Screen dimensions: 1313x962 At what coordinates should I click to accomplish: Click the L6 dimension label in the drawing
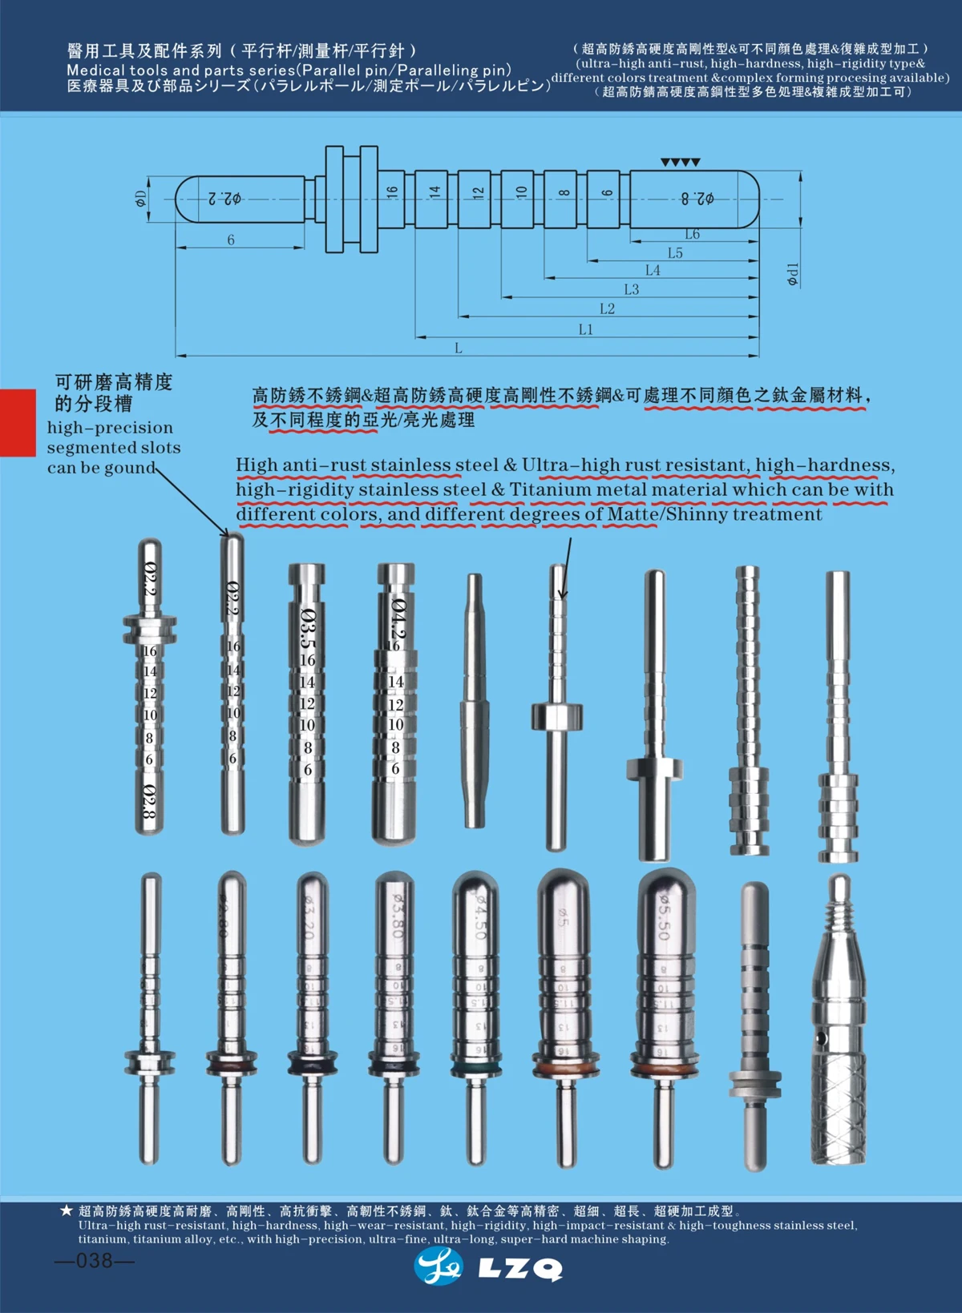692,234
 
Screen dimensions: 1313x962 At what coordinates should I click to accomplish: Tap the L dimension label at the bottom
459,348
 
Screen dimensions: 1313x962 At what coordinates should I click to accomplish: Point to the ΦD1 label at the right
792,274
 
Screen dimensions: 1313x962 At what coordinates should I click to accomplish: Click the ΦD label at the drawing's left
141,199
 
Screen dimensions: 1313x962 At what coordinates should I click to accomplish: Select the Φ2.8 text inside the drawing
697,198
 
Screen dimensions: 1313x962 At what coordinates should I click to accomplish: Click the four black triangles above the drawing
681,163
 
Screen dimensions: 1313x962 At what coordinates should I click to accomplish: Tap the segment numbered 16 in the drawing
392,192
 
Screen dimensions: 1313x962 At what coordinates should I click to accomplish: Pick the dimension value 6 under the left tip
231,240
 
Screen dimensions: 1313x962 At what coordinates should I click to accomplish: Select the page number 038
95,1261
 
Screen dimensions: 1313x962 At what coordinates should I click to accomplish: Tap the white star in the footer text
67,1210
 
